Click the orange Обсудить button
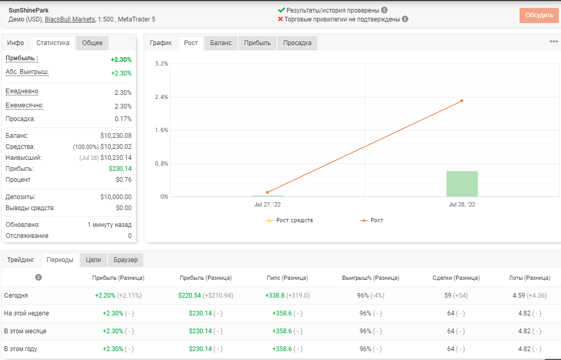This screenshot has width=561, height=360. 539,15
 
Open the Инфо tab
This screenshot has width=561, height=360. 15,43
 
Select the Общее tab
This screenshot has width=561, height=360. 92,43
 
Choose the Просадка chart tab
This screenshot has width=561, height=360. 297,43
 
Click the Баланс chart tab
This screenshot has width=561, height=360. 221,43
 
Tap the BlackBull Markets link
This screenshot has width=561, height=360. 70,19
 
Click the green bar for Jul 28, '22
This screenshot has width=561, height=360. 462,184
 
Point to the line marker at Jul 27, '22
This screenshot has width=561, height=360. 267,192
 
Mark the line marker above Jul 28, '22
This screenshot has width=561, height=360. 462,101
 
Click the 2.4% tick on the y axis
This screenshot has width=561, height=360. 161,97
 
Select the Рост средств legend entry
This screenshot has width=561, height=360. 289,220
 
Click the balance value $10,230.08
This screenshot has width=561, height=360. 116,136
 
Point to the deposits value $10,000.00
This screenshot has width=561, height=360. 116,197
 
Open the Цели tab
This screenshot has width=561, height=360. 93,260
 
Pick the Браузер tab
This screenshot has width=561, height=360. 126,260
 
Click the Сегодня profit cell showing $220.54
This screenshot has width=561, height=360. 190,296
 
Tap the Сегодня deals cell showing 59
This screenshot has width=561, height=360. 448,296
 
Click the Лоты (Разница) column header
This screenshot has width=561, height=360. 530,278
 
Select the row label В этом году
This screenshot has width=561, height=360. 20,349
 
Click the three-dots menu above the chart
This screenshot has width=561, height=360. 554,41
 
